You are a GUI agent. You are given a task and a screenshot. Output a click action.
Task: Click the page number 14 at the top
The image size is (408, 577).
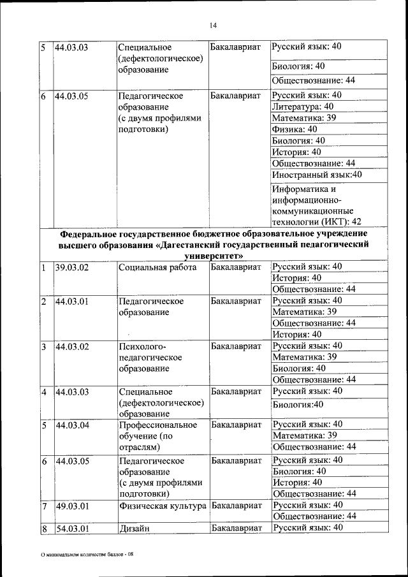point(213,25)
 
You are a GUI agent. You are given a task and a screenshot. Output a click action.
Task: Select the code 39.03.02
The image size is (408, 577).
point(71,268)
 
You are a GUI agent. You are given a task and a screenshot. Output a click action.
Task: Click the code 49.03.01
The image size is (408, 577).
point(71,506)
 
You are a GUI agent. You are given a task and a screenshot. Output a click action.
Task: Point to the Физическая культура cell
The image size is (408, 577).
point(163,506)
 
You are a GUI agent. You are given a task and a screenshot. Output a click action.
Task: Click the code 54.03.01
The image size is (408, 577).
point(71,528)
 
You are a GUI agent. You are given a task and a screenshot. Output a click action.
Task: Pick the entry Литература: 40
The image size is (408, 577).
point(302,106)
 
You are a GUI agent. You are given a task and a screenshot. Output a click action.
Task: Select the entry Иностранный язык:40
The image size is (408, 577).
point(316,174)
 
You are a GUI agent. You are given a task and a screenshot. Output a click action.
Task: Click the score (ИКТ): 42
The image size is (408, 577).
point(317,221)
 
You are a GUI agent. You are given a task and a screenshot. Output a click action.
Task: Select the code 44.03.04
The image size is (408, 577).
point(71,425)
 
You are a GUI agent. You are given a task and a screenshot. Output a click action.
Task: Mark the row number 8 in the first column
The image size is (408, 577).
point(44,528)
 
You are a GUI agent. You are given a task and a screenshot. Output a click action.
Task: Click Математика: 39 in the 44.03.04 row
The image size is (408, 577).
point(304,435)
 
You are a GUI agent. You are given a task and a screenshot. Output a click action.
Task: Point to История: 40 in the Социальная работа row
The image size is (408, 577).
point(296,278)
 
